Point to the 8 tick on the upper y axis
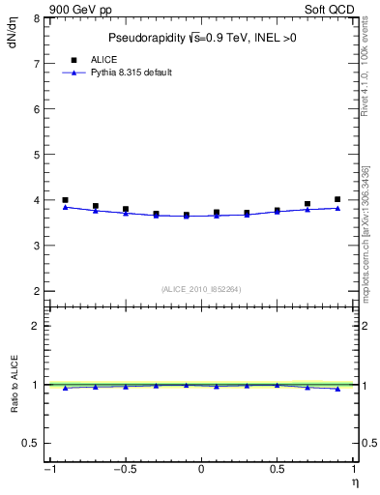pos(37,18)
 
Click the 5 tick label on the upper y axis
pos(37,155)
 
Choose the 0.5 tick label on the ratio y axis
pos(32,443)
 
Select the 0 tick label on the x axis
pos(201,470)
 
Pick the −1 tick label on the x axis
pos(47,470)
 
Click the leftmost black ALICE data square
pos(65,200)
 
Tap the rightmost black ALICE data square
pos(337,199)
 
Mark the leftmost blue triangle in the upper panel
pos(65,207)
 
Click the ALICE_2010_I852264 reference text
pos(201,289)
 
